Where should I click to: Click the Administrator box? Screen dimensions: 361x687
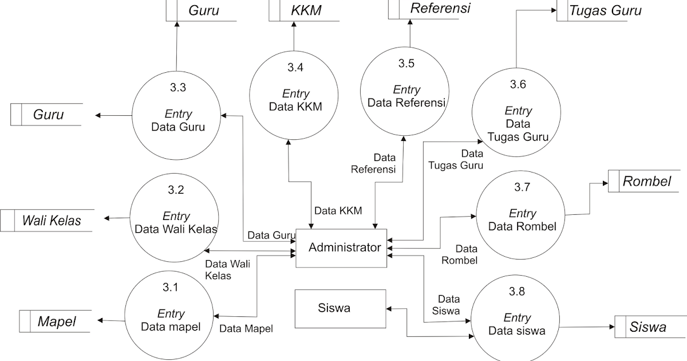[344, 248]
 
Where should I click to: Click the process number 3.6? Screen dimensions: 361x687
[518, 85]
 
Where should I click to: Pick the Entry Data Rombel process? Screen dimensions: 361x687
[522, 221]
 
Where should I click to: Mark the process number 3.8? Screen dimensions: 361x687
[516, 292]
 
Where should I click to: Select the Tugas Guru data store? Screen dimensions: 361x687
[605, 10]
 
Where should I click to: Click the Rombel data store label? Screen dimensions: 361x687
[646, 182]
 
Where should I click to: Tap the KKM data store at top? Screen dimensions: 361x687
[305, 10]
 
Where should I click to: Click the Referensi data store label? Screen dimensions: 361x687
[440, 9]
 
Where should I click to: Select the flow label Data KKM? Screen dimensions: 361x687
[338, 210]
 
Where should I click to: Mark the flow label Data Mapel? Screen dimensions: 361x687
[246, 329]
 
